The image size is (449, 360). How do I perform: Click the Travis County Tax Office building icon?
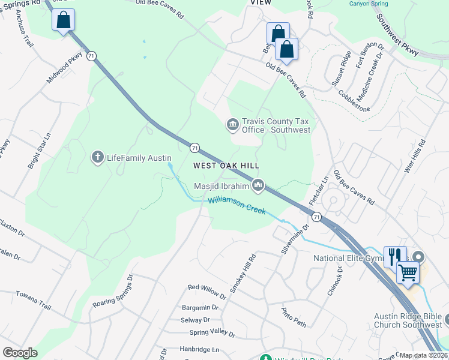click(232, 124)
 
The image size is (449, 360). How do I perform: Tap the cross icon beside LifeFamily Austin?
click(97, 158)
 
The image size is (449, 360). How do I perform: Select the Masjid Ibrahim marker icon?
click(258, 185)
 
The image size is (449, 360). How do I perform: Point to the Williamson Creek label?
click(237, 205)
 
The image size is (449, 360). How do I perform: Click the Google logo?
click(20, 353)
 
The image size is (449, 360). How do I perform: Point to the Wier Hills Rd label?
click(414, 157)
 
